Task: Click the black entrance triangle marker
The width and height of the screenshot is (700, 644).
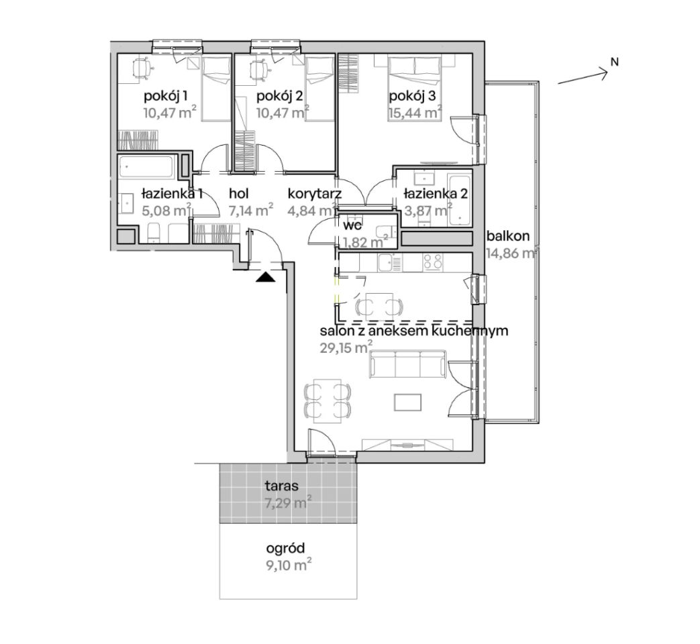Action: tap(266, 277)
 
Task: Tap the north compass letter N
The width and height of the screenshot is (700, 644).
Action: tap(615, 62)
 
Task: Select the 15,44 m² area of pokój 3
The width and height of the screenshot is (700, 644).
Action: tap(415, 112)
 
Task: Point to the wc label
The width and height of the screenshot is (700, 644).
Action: tap(352, 225)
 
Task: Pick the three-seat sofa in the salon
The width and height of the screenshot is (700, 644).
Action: tap(407, 364)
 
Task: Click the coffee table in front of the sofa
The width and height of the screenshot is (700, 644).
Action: tap(407, 402)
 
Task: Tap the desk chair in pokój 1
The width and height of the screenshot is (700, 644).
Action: tap(143, 69)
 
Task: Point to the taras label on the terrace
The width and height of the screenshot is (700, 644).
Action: tap(281, 485)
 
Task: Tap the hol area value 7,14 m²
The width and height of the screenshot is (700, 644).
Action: tap(251, 210)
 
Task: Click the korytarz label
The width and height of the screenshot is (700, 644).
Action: tap(315, 194)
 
